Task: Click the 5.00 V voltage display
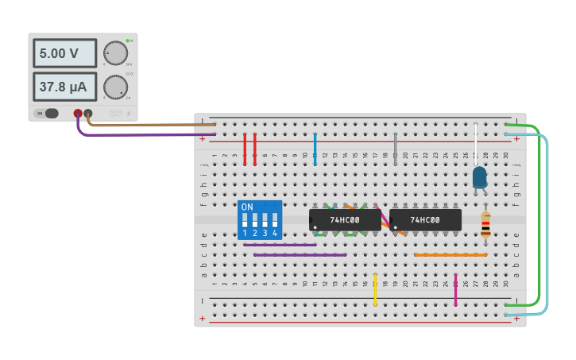[x=64, y=53]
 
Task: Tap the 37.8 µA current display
[x=64, y=87]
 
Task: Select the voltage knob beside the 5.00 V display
[x=115, y=53]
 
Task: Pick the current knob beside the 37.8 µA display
[x=115, y=87]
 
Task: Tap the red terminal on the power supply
[x=78, y=114]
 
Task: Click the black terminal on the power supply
[x=88, y=114]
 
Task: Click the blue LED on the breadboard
[x=479, y=177]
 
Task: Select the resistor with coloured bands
[x=485, y=225]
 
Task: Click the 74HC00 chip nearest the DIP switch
[x=345, y=220]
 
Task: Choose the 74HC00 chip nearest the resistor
[x=425, y=220]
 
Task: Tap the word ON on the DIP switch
[x=247, y=207]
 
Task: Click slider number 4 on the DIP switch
[x=275, y=220]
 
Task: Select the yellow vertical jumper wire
[x=375, y=290]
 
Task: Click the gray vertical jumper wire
[x=395, y=149]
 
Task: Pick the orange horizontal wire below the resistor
[x=450, y=255]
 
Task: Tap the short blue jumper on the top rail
[x=315, y=149]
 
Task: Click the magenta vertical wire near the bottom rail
[x=455, y=290]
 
